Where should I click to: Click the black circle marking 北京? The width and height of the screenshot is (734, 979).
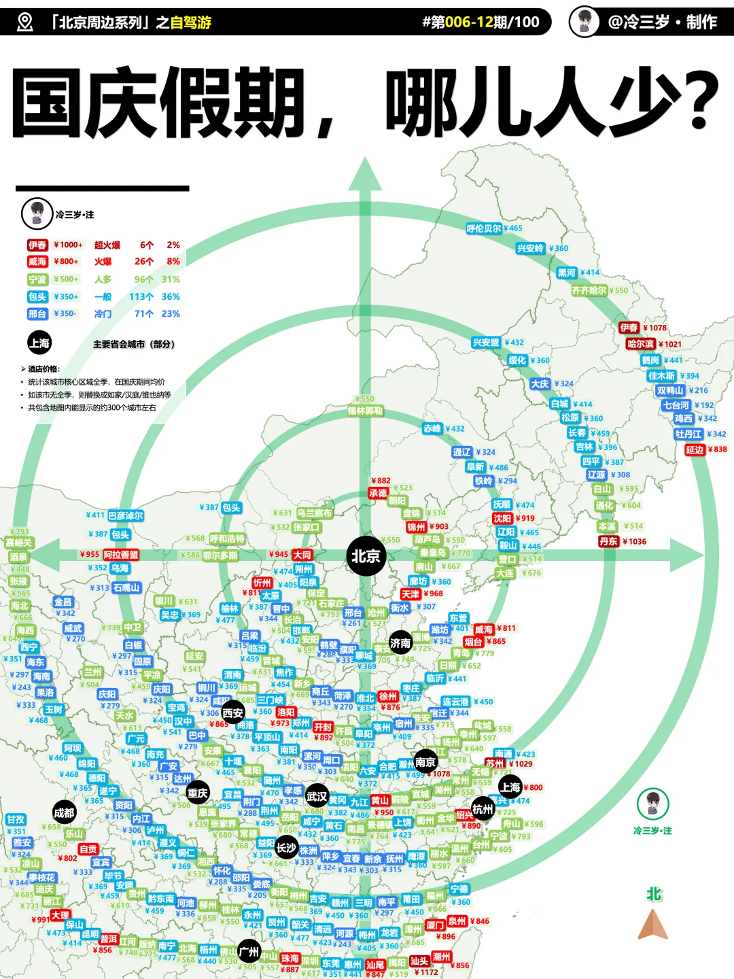366,556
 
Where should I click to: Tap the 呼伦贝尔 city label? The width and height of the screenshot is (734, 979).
484,228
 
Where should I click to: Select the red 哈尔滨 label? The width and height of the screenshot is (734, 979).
640,344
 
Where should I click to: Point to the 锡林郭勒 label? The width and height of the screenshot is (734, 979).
366,411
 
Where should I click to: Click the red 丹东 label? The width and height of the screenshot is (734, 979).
609,541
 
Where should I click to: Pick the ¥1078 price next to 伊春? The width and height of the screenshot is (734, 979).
655,328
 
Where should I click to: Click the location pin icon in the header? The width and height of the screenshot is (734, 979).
24,22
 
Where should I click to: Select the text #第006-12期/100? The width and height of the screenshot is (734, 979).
480,22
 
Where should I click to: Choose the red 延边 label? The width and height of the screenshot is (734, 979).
695,449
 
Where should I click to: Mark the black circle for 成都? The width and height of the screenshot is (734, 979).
65,812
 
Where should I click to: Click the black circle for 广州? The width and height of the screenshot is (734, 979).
249,952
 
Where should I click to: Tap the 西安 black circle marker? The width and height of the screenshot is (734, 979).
232,712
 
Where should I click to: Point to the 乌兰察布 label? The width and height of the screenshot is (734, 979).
314,513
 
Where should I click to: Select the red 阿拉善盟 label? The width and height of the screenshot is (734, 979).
121,555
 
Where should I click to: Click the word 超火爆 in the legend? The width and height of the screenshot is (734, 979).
107,245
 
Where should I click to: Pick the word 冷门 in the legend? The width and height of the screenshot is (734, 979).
103,313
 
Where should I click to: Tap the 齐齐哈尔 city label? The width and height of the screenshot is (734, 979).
589,290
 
